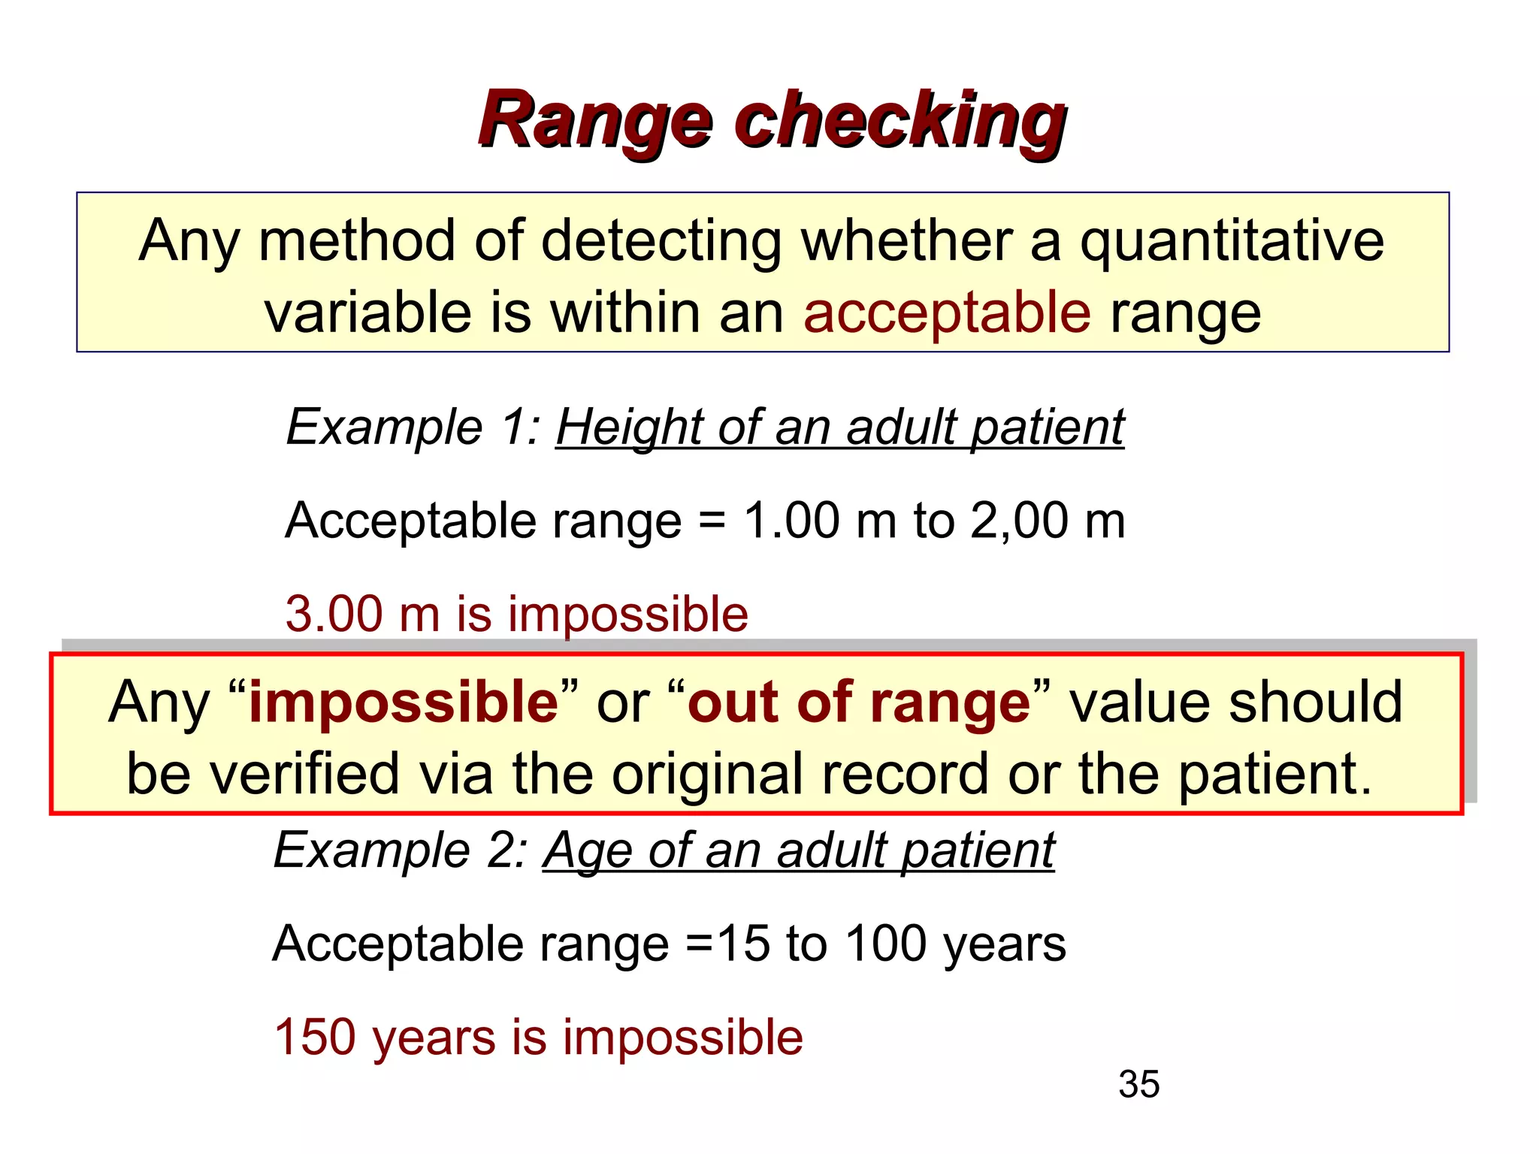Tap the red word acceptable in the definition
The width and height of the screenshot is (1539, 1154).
947,313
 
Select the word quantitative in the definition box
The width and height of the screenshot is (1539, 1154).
1232,242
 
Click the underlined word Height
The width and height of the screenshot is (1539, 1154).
630,427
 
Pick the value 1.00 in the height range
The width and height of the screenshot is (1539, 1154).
792,520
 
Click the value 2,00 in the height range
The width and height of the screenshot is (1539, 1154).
1019,520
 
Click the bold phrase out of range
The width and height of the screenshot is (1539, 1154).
859,702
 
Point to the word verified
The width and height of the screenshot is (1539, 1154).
304,774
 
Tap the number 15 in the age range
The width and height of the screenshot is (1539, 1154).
743,944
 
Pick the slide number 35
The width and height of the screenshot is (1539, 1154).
1138,1084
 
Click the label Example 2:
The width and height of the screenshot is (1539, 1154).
401,850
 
